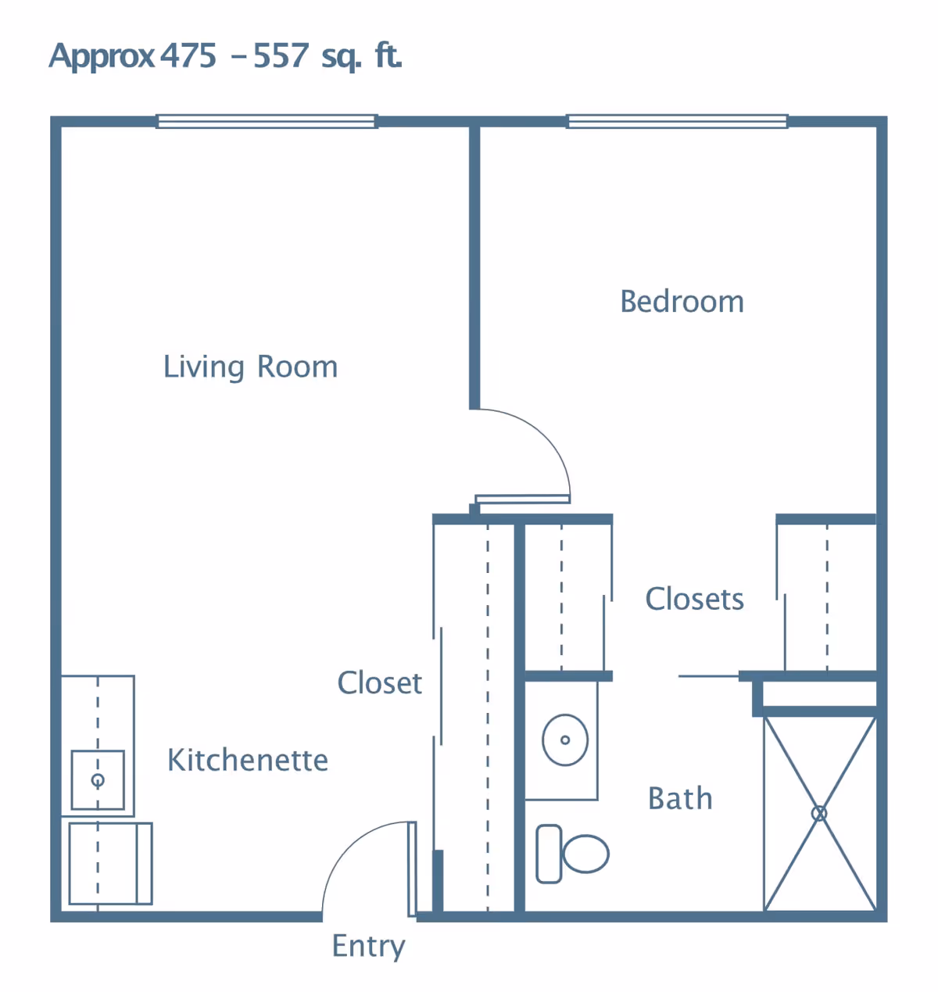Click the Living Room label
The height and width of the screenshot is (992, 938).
(250, 367)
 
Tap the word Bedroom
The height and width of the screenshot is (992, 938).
(682, 302)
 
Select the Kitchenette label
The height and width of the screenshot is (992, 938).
(248, 760)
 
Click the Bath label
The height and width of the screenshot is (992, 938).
(680, 799)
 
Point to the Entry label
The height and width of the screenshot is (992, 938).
(368, 946)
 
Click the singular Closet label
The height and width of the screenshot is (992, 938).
(379, 683)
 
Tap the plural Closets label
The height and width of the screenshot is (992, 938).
(694, 599)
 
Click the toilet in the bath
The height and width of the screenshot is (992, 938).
(585, 853)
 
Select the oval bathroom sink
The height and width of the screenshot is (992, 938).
(565, 740)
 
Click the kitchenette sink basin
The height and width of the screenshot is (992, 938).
(98, 780)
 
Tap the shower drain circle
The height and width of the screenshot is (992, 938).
(819, 814)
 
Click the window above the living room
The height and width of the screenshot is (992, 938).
(267, 121)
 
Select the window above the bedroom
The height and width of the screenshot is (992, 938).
(677, 121)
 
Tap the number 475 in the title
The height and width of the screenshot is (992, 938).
(188, 56)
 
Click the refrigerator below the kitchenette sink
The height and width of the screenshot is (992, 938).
(110, 863)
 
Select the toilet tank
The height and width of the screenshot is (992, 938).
(549, 854)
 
